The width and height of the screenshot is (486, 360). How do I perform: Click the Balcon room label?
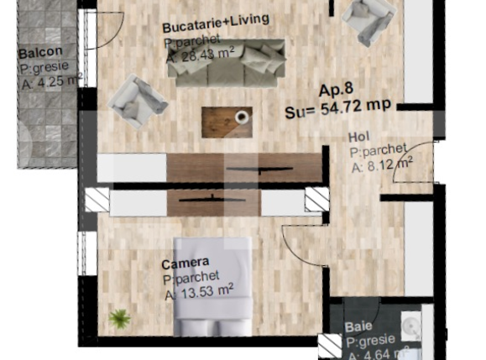point(39,54)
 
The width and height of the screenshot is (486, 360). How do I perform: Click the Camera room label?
point(186,263)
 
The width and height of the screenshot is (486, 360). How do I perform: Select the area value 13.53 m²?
point(202,291)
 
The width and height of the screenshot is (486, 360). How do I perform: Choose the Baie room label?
point(358,328)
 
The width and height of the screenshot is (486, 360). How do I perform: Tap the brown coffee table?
point(227,122)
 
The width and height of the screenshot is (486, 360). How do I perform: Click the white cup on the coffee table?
point(242,117)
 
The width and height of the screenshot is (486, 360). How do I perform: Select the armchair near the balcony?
point(137,98)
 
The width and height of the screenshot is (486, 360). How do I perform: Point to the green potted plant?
point(120,319)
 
